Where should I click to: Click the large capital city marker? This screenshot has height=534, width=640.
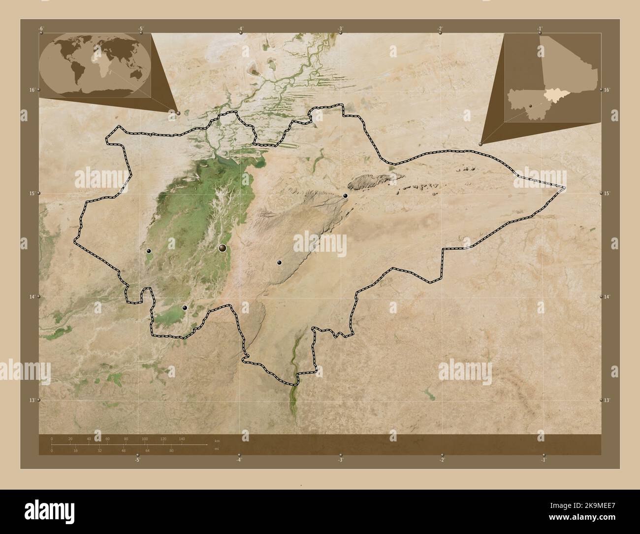(223, 248)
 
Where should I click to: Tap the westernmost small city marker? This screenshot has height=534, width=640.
(149, 251)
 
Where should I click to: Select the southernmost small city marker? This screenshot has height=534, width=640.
(185, 308)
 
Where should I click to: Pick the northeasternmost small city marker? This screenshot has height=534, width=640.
(346, 196)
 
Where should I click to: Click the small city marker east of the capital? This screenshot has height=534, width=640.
(279, 263)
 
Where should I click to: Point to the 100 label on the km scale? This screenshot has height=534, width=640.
(144, 438)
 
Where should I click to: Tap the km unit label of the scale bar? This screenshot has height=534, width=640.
(217, 440)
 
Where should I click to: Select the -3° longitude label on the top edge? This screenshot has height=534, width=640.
(341, 28)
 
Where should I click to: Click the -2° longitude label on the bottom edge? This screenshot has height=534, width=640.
(442, 460)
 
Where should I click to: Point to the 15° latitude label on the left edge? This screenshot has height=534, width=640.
(32, 193)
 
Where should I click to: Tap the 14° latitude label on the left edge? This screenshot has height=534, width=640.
(32, 297)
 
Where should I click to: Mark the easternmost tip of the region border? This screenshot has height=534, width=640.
(566, 188)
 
